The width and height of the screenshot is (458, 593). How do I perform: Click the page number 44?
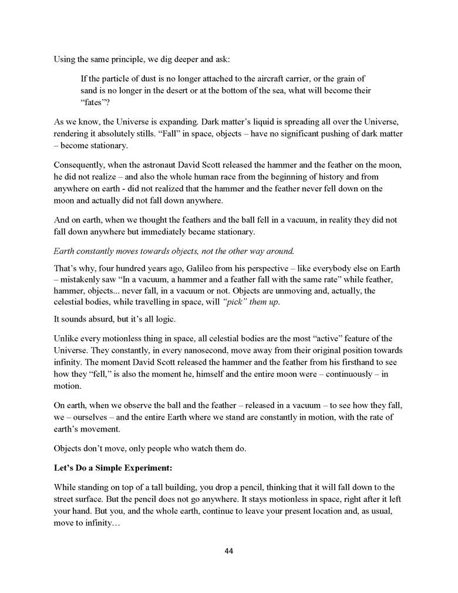click(228, 551)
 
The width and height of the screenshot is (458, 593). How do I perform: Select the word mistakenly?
click(84, 279)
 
